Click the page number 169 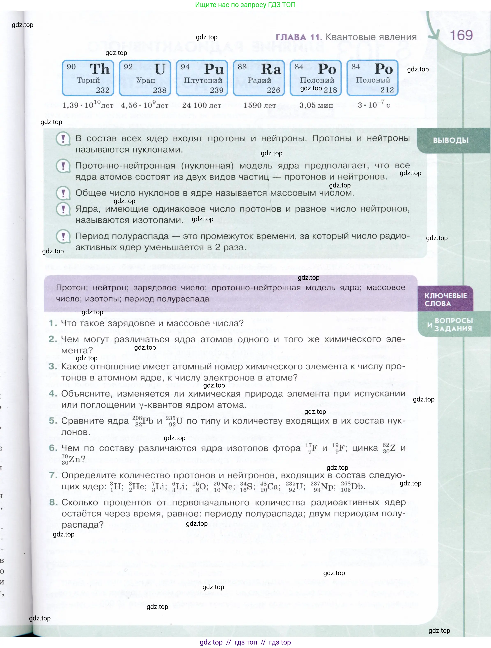click(x=461, y=35)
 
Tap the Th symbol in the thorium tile click(x=99, y=69)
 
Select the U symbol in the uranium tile click(x=160, y=69)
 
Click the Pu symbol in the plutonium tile click(x=214, y=69)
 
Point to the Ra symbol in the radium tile click(x=271, y=69)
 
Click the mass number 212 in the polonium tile click(x=387, y=90)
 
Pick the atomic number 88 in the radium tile click(x=242, y=67)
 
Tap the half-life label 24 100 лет click(x=202, y=105)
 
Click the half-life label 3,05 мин click(x=316, y=105)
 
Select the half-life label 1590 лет click(x=260, y=105)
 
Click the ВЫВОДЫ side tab click(x=451, y=140)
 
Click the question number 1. click(x=53, y=323)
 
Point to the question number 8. click(x=53, y=502)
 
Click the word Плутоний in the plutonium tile click(x=203, y=80)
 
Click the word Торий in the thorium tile click(x=88, y=80)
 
